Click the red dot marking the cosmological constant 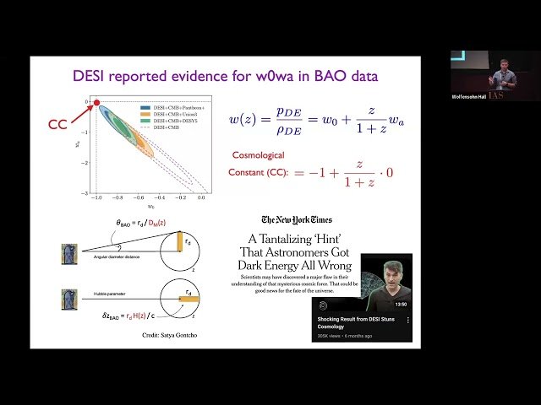[96, 103]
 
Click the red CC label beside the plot [57, 125]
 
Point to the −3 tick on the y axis [83, 193]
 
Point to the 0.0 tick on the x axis [202, 199]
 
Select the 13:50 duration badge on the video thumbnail [401, 304]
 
